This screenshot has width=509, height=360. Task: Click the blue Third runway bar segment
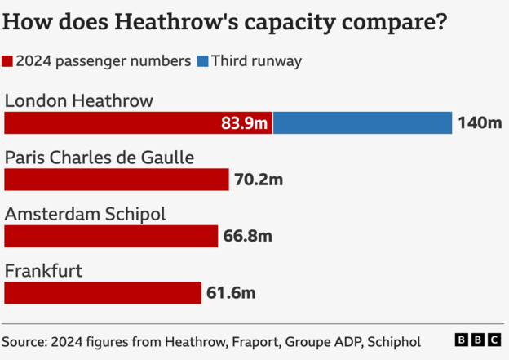(363, 123)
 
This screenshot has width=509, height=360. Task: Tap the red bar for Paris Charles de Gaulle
(117, 180)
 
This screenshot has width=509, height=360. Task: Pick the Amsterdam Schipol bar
(111, 236)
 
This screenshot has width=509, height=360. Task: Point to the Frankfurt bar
(103, 292)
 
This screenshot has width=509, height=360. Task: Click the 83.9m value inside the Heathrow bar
(245, 123)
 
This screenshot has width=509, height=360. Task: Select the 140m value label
(480, 123)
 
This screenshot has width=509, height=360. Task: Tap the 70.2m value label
(259, 180)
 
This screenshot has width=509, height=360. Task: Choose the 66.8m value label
(247, 236)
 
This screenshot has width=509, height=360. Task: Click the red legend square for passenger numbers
(7, 60)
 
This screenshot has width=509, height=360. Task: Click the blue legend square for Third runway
(202, 60)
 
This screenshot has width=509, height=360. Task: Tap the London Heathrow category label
(79, 100)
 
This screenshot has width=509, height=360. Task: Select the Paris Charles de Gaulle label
(100, 158)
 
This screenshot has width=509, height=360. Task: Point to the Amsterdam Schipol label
(86, 214)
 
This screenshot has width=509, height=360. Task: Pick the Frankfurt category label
(43, 270)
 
